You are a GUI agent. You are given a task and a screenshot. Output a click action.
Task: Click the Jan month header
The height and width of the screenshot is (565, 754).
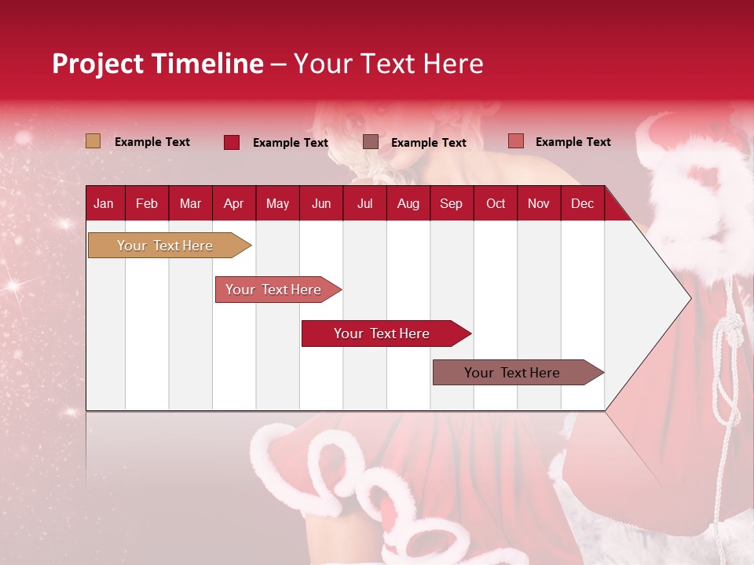pyautogui.click(x=104, y=203)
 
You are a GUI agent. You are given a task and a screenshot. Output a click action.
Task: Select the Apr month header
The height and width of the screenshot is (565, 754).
pyautogui.click(x=233, y=203)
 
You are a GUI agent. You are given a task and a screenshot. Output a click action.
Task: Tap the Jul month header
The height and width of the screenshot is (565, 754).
pyautogui.click(x=364, y=203)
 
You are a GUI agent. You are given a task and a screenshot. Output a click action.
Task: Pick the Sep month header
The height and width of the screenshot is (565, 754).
pyautogui.click(x=451, y=203)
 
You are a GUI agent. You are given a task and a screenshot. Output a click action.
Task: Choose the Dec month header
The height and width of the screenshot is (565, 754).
pyautogui.click(x=582, y=203)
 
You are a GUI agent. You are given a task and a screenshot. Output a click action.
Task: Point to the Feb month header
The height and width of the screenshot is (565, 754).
pyautogui.click(x=147, y=203)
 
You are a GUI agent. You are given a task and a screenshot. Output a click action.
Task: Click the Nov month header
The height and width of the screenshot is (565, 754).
pyautogui.click(x=538, y=203)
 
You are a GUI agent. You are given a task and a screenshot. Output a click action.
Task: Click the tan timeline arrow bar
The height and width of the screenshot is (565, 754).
pyautogui.click(x=165, y=246)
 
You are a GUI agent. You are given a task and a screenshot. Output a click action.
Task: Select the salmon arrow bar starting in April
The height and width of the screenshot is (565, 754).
pyautogui.click(x=273, y=290)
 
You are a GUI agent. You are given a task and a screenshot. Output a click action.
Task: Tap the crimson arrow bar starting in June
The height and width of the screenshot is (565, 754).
pyautogui.click(x=382, y=334)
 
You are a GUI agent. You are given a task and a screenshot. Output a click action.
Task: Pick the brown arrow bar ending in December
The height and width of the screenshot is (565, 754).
pyautogui.click(x=512, y=373)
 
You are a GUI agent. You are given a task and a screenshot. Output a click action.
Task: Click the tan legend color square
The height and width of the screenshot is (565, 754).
pyautogui.click(x=93, y=141)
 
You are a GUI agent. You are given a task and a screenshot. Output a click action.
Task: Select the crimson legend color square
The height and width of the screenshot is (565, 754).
pyautogui.click(x=232, y=142)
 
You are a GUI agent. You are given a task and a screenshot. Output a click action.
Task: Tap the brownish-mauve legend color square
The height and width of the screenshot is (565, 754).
pyautogui.click(x=371, y=142)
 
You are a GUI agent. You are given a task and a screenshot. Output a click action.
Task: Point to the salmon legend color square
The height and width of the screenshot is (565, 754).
pyautogui.click(x=515, y=141)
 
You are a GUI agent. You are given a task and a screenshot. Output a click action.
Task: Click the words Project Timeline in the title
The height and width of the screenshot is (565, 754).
pyautogui.click(x=157, y=64)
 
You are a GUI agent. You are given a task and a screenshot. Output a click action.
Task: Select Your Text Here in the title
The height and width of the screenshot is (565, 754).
pyautogui.click(x=388, y=64)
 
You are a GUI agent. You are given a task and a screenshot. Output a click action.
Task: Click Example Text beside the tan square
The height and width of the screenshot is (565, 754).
pyautogui.click(x=152, y=142)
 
